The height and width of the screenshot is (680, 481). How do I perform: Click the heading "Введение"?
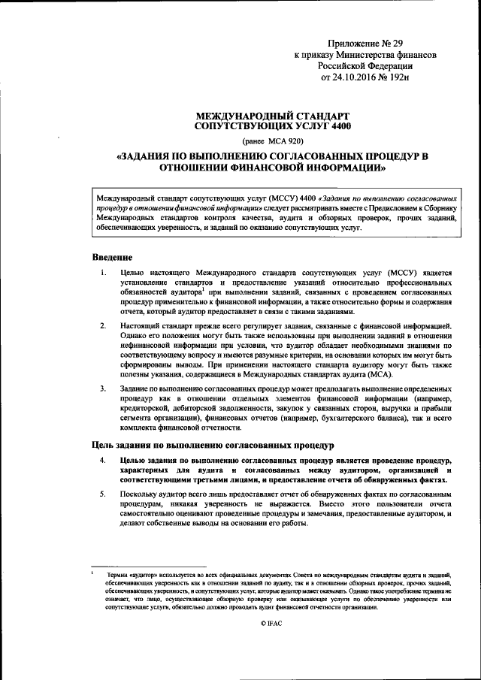113,258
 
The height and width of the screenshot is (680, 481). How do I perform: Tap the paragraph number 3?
103,388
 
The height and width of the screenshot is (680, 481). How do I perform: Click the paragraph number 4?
103,458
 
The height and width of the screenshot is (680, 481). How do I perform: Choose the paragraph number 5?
103,494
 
